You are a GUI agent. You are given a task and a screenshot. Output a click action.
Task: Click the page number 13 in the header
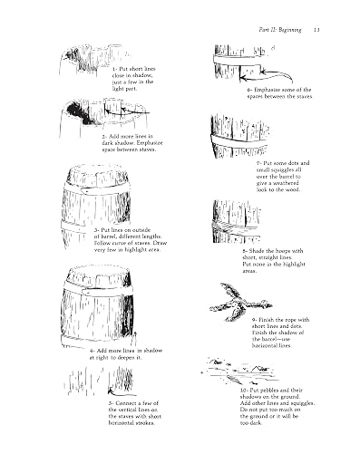(x=316, y=30)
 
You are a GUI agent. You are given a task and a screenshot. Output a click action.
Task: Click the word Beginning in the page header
(x=290, y=30)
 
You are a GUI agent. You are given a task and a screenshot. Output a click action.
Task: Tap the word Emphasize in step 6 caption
(x=267, y=90)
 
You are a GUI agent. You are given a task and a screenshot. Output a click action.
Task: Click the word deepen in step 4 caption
(x=127, y=358)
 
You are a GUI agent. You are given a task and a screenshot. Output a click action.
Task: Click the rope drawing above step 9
(x=240, y=303)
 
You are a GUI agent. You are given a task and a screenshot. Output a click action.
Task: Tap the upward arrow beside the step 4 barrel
(x=135, y=339)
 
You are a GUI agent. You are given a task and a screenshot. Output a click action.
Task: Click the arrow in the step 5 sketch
(x=121, y=393)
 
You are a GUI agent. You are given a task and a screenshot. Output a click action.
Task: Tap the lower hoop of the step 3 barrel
(x=77, y=227)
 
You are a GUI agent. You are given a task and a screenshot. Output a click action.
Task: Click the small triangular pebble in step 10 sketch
(x=257, y=369)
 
